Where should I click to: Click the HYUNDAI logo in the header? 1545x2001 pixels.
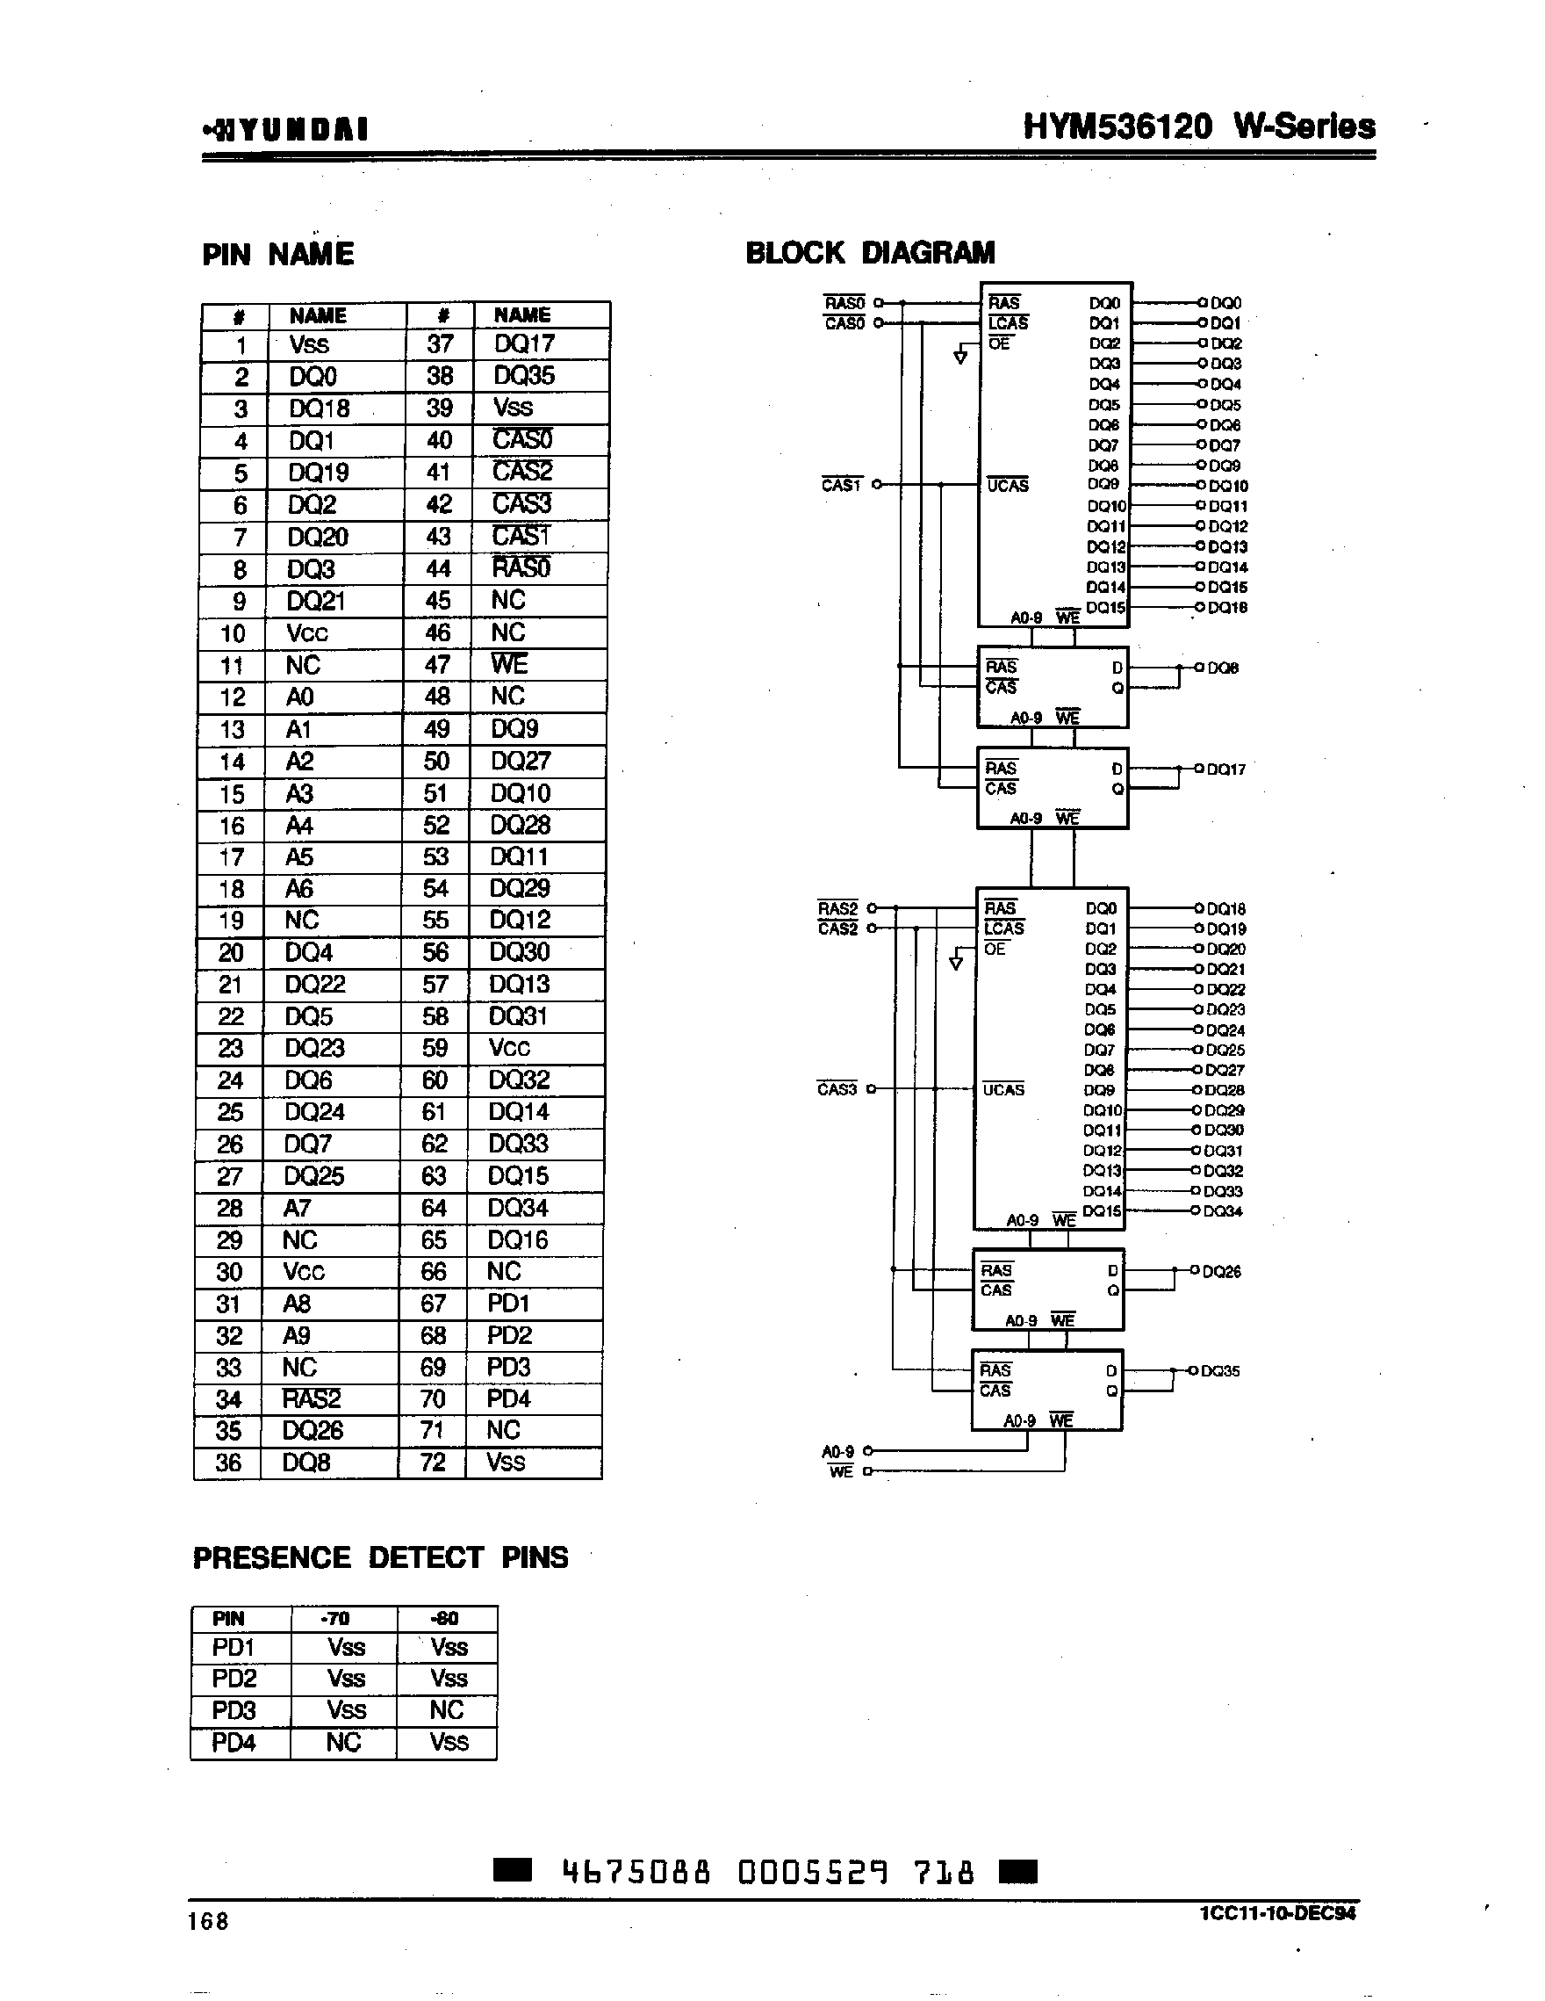point(286,129)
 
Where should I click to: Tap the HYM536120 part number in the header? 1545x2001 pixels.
point(1118,126)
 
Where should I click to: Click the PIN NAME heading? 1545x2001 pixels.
point(277,254)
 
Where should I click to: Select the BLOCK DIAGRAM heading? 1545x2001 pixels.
point(870,252)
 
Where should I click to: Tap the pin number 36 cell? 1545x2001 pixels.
point(228,1463)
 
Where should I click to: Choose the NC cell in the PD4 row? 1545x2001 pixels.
point(343,1742)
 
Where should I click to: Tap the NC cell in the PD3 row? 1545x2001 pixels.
point(447,1709)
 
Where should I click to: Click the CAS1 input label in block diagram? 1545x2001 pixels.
point(842,485)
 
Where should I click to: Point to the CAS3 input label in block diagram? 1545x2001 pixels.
point(837,1089)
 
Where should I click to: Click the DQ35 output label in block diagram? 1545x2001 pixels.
point(1220,1370)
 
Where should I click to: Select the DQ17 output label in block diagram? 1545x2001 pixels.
point(1226,769)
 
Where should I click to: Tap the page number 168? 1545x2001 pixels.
point(208,1920)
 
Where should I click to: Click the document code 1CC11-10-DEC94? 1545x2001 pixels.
point(1277,1913)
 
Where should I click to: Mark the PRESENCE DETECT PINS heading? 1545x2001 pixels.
point(380,1557)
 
